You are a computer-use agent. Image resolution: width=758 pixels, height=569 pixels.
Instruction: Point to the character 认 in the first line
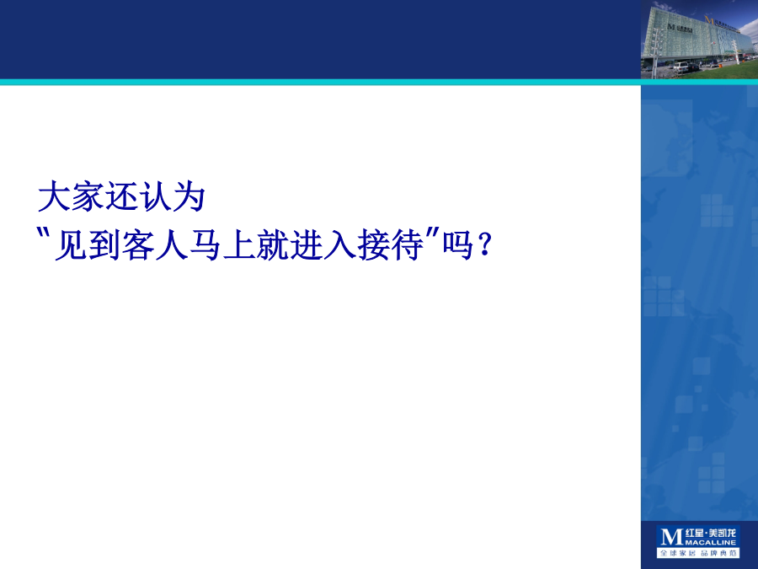click(x=155, y=196)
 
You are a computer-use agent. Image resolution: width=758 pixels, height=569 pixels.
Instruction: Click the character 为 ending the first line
click(x=189, y=196)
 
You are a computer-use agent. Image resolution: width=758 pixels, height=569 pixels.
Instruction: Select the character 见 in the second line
click(x=71, y=244)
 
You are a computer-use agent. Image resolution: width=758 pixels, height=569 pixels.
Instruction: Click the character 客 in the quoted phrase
click(x=138, y=244)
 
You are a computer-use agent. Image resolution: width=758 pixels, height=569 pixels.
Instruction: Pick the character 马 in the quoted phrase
click(x=206, y=244)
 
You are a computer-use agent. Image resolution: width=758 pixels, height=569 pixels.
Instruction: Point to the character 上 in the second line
click(x=240, y=244)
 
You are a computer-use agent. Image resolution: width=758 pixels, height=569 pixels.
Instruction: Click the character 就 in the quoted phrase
click(x=274, y=244)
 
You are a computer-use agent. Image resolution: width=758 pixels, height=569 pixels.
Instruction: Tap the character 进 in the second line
click(x=307, y=244)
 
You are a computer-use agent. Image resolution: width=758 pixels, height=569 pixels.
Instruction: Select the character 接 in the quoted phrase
click(x=375, y=244)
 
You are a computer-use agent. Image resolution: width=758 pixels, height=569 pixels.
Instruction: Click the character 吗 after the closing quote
click(x=458, y=244)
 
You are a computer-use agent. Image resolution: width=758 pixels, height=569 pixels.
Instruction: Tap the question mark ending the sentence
click(x=484, y=244)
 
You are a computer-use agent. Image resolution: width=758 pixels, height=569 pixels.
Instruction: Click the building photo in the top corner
click(x=700, y=40)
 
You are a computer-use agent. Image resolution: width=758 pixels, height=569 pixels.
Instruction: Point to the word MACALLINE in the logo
click(x=711, y=542)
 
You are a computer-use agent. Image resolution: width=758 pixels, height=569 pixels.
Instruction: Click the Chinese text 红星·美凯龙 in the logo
click(x=711, y=534)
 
